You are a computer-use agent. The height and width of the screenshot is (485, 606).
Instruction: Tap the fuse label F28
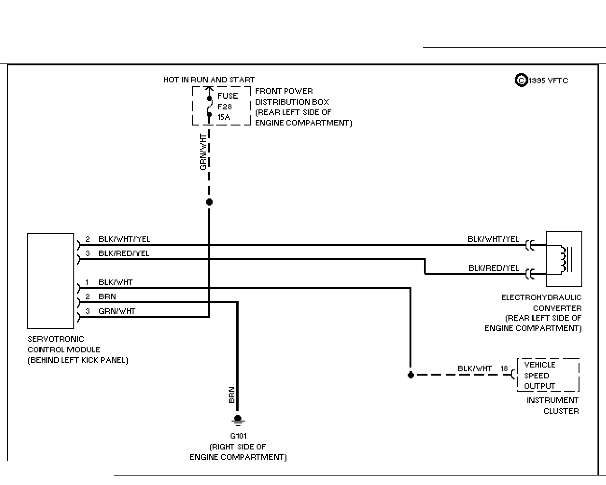click(x=224, y=107)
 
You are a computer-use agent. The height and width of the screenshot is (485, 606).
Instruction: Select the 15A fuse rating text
click(x=223, y=117)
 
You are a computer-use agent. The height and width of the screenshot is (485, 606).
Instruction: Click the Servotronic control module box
click(x=51, y=281)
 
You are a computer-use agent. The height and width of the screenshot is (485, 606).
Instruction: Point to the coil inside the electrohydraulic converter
click(x=563, y=259)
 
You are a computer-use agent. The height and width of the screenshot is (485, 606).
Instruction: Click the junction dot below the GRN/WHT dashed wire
click(x=209, y=202)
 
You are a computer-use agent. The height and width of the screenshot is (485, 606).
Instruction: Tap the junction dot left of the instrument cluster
click(x=411, y=375)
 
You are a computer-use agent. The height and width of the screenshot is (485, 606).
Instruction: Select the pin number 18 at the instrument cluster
click(x=504, y=368)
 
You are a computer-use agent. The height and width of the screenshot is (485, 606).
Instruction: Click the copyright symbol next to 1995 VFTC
click(x=521, y=81)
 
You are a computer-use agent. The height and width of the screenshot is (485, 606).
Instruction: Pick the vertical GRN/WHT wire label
click(x=203, y=152)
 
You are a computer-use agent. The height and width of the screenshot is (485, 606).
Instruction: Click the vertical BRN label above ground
click(x=232, y=395)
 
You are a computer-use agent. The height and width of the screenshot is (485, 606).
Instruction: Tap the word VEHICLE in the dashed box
click(x=540, y=365)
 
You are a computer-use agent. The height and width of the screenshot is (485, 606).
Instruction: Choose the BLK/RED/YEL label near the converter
click(x=494, y=268)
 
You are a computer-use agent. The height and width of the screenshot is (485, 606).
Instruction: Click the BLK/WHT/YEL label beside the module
click(x=124, y=239)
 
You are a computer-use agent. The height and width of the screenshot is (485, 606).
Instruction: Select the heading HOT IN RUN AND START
click(x=209, y=80)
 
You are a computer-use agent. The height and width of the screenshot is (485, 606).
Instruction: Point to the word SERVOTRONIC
click(x=56, y=339)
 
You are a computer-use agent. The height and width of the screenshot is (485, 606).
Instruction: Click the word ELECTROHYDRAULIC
click(x=541, y=297)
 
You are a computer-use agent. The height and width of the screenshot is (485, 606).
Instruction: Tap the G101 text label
click(x=238, y=436)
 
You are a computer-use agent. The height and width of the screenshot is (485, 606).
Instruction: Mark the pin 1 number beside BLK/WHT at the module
click(x=87, y=282)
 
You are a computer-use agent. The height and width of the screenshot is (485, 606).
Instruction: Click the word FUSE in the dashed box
click(x=228, y=96)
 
